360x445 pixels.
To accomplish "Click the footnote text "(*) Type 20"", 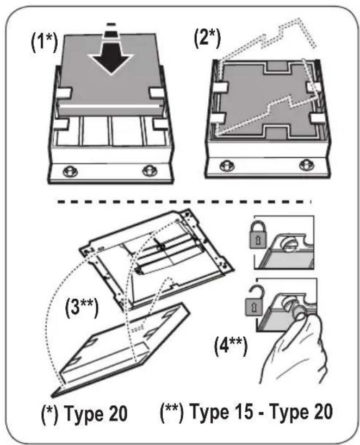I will (91, 414).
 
